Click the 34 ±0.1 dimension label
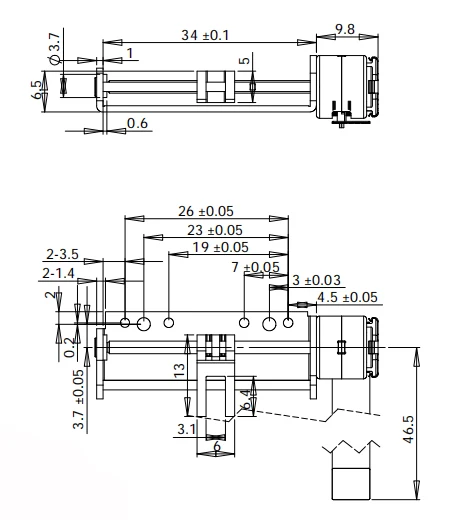[205, 35]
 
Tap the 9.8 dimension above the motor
[344, 29]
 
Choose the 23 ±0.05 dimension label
[212, 229]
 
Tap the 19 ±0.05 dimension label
[218, 247]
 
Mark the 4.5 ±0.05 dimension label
[346, 297]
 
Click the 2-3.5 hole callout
[63, 253]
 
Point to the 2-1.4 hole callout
[63, 272]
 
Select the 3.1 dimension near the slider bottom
[185, 431]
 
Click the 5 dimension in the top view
[242, 63]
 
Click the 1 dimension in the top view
[130, 51]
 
